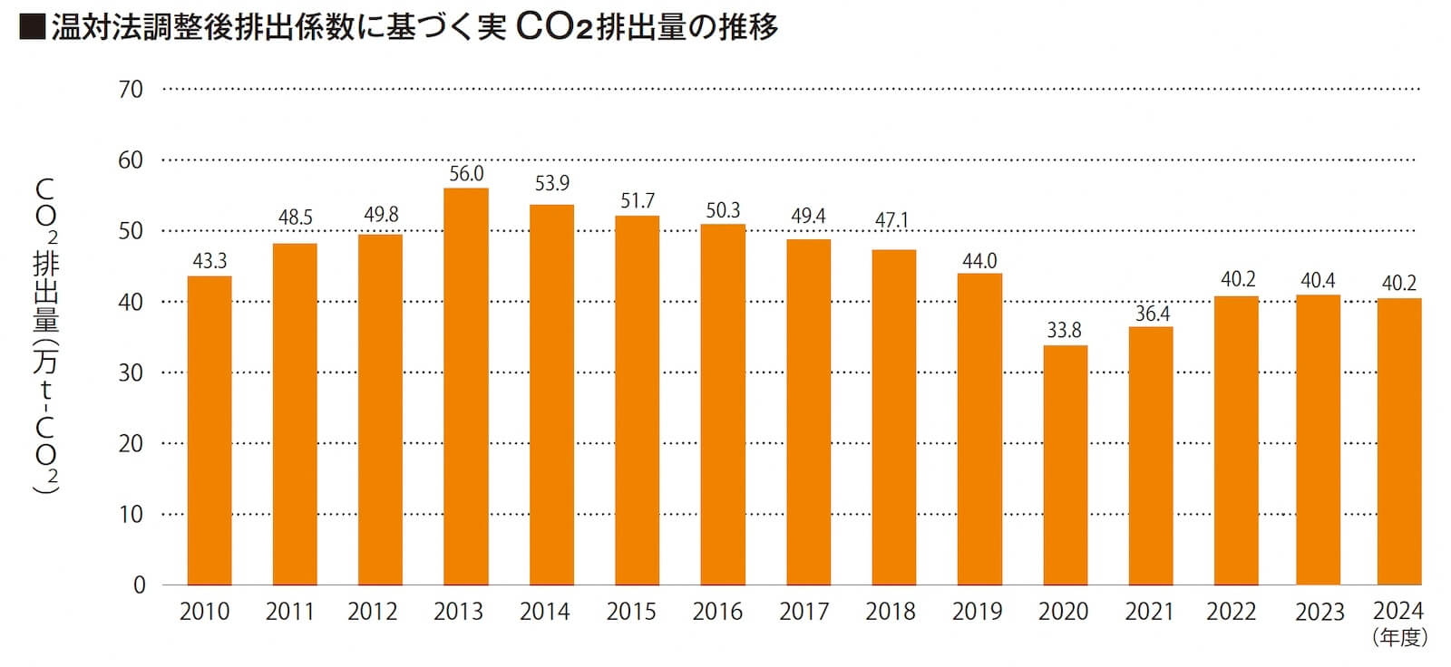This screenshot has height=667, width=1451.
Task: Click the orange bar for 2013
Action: click(x=466, y=386)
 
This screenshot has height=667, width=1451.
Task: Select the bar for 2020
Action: click(x=1065, y=465)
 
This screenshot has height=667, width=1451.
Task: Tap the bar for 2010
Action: click(x=209, y=430)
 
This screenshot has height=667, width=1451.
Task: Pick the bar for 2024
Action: click(x=1398, y=441)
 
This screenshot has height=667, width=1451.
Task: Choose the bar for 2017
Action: click(x=808, y=411)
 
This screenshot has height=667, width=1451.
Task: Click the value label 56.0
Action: click(x=466, y=174)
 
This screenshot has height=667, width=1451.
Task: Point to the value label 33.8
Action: click(x=1065, y=331)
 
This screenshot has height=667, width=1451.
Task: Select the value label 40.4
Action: click(x=1318, y=281)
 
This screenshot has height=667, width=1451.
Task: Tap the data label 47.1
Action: click(x=891, y=221)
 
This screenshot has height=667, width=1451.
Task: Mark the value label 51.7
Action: click(x=638, y=201)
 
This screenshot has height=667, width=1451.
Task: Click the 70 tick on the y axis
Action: click(x=131, y=89)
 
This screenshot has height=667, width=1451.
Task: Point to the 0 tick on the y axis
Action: click(x=139, y=585)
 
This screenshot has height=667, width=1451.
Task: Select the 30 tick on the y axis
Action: click(x=131, y=372)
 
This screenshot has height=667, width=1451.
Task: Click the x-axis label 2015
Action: click(x=631, y=612)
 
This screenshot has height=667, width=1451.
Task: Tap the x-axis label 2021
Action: click(x=1150, y=612)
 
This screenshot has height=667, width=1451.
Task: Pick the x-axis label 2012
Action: click(x=373, y=612)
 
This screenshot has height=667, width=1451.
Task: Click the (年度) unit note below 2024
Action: click(x=1400, y=638)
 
